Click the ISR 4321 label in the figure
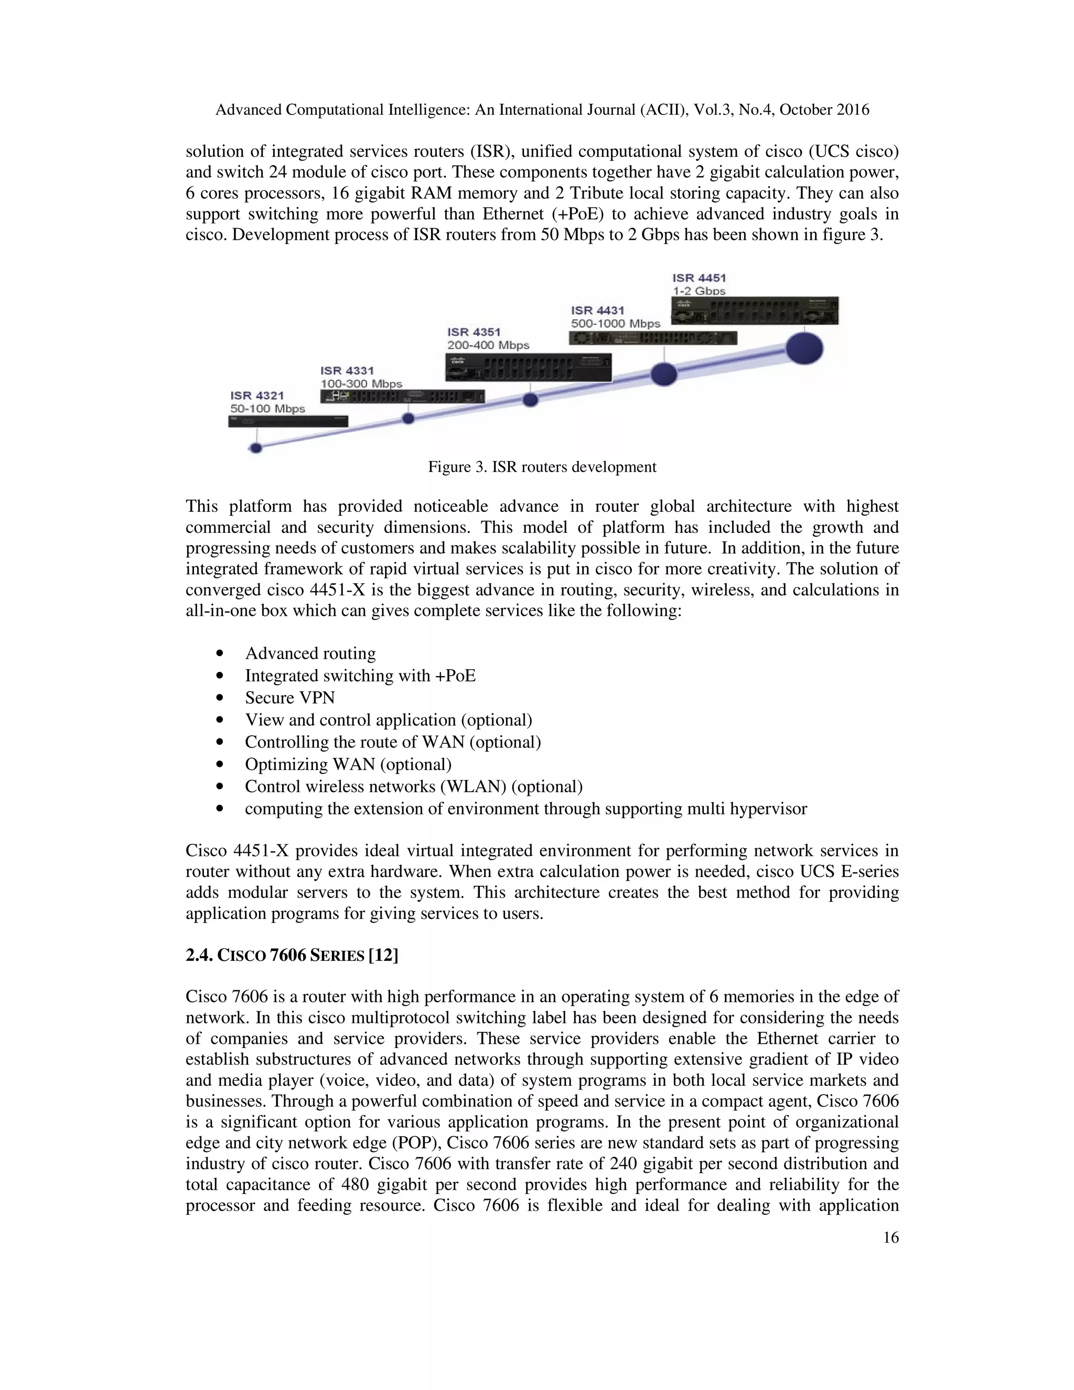pos(257,395)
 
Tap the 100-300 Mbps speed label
pos(361,384)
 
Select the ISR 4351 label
pos(474,332)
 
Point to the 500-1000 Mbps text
pos(615,323)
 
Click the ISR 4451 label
pos(699,277)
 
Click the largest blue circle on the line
pos(804,348)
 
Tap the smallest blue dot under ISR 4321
pos(256,448)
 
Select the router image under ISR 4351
pos(529,367)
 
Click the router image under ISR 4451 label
pos(755,311)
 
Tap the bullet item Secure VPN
pos(289,698)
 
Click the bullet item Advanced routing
pos(310,654)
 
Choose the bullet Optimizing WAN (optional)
pos(348,764)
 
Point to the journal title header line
pos(542,110)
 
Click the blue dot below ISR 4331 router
pos(409,418)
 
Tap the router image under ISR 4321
pos(288,421)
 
